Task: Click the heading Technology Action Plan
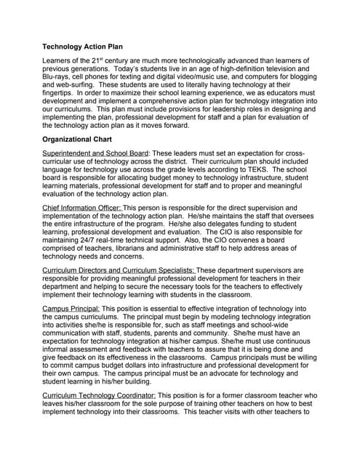tap(89, 46)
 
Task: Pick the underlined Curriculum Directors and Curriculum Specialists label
tap(119, 270)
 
